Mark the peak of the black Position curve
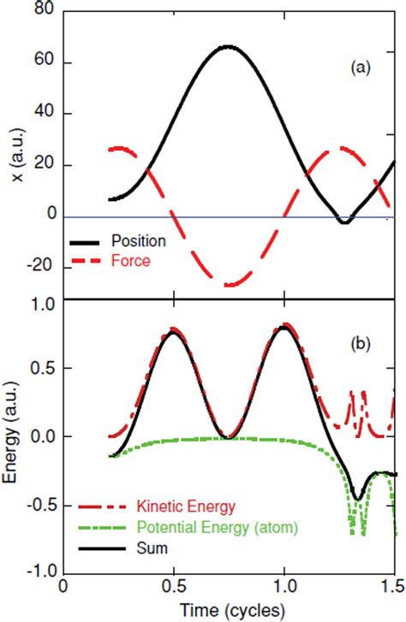[227, 46]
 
